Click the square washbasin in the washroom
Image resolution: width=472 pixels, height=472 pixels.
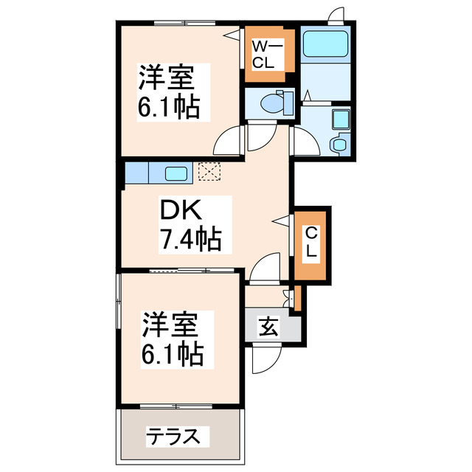point(340,119)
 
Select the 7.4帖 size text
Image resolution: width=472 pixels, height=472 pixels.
point(190,239)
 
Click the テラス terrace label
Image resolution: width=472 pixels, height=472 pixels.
point(173,436)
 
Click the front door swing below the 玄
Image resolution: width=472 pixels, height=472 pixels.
point(265,358)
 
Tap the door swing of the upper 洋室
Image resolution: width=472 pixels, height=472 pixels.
point(229,140)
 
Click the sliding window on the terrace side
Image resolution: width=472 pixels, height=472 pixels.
point(177,406)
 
